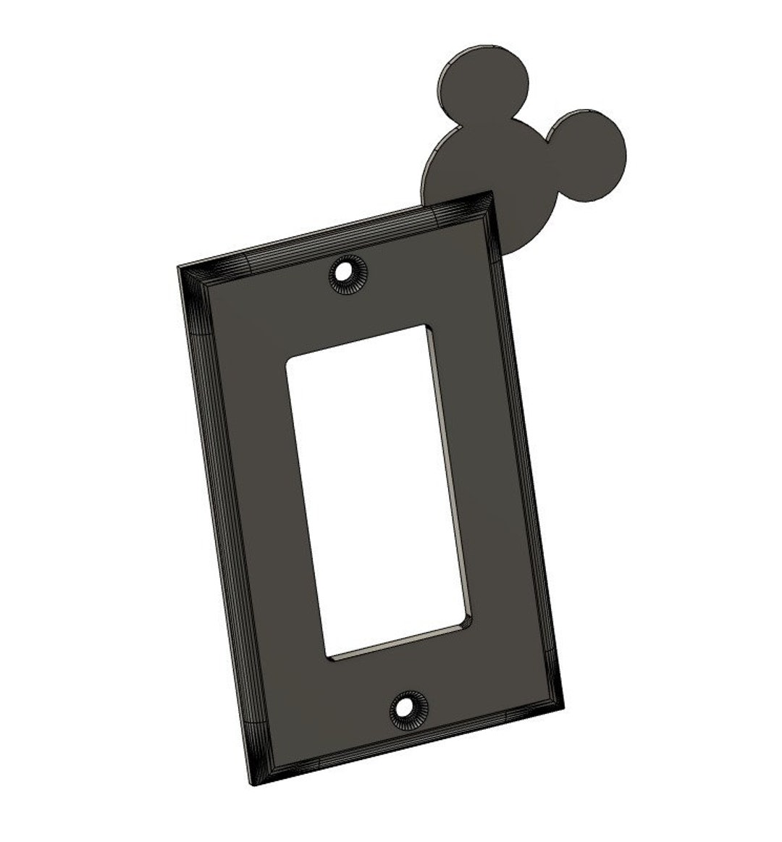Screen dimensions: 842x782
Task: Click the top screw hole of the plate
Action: tap(348, 274)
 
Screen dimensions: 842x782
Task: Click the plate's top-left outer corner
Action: tap(178, 267)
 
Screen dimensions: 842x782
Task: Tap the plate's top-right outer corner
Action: tap(492, 193)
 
